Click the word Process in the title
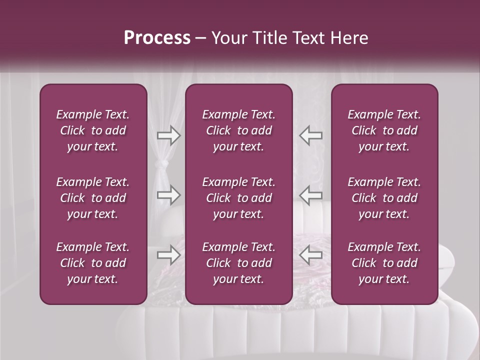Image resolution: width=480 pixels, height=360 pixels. pos(157,38)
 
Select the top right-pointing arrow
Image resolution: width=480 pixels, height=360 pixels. pos(168,135)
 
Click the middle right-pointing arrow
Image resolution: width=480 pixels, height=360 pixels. pos(168,195)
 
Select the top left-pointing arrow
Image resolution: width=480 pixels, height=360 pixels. pos(310,135)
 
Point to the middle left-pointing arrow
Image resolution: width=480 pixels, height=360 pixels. pos(310,195)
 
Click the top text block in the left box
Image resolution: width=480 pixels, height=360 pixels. pos(93,130)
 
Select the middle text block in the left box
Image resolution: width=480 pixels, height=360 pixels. pos(93,198)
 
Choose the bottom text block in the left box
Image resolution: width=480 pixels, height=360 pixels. pos(93,263)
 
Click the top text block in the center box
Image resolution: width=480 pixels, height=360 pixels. pos(239,130)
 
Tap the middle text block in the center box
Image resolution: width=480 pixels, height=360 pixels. pos(239,198)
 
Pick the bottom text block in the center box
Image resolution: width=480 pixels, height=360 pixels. pos(239,263)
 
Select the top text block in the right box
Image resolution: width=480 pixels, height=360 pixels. pos(384,130)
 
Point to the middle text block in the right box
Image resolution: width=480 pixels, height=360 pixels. pos(384,198)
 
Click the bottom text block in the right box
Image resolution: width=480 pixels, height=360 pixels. pos(384,263)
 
